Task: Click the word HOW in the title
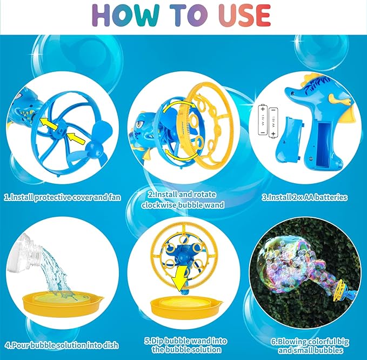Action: [x=127, y=16]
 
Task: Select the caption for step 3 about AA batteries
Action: [x=304, y=198]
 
